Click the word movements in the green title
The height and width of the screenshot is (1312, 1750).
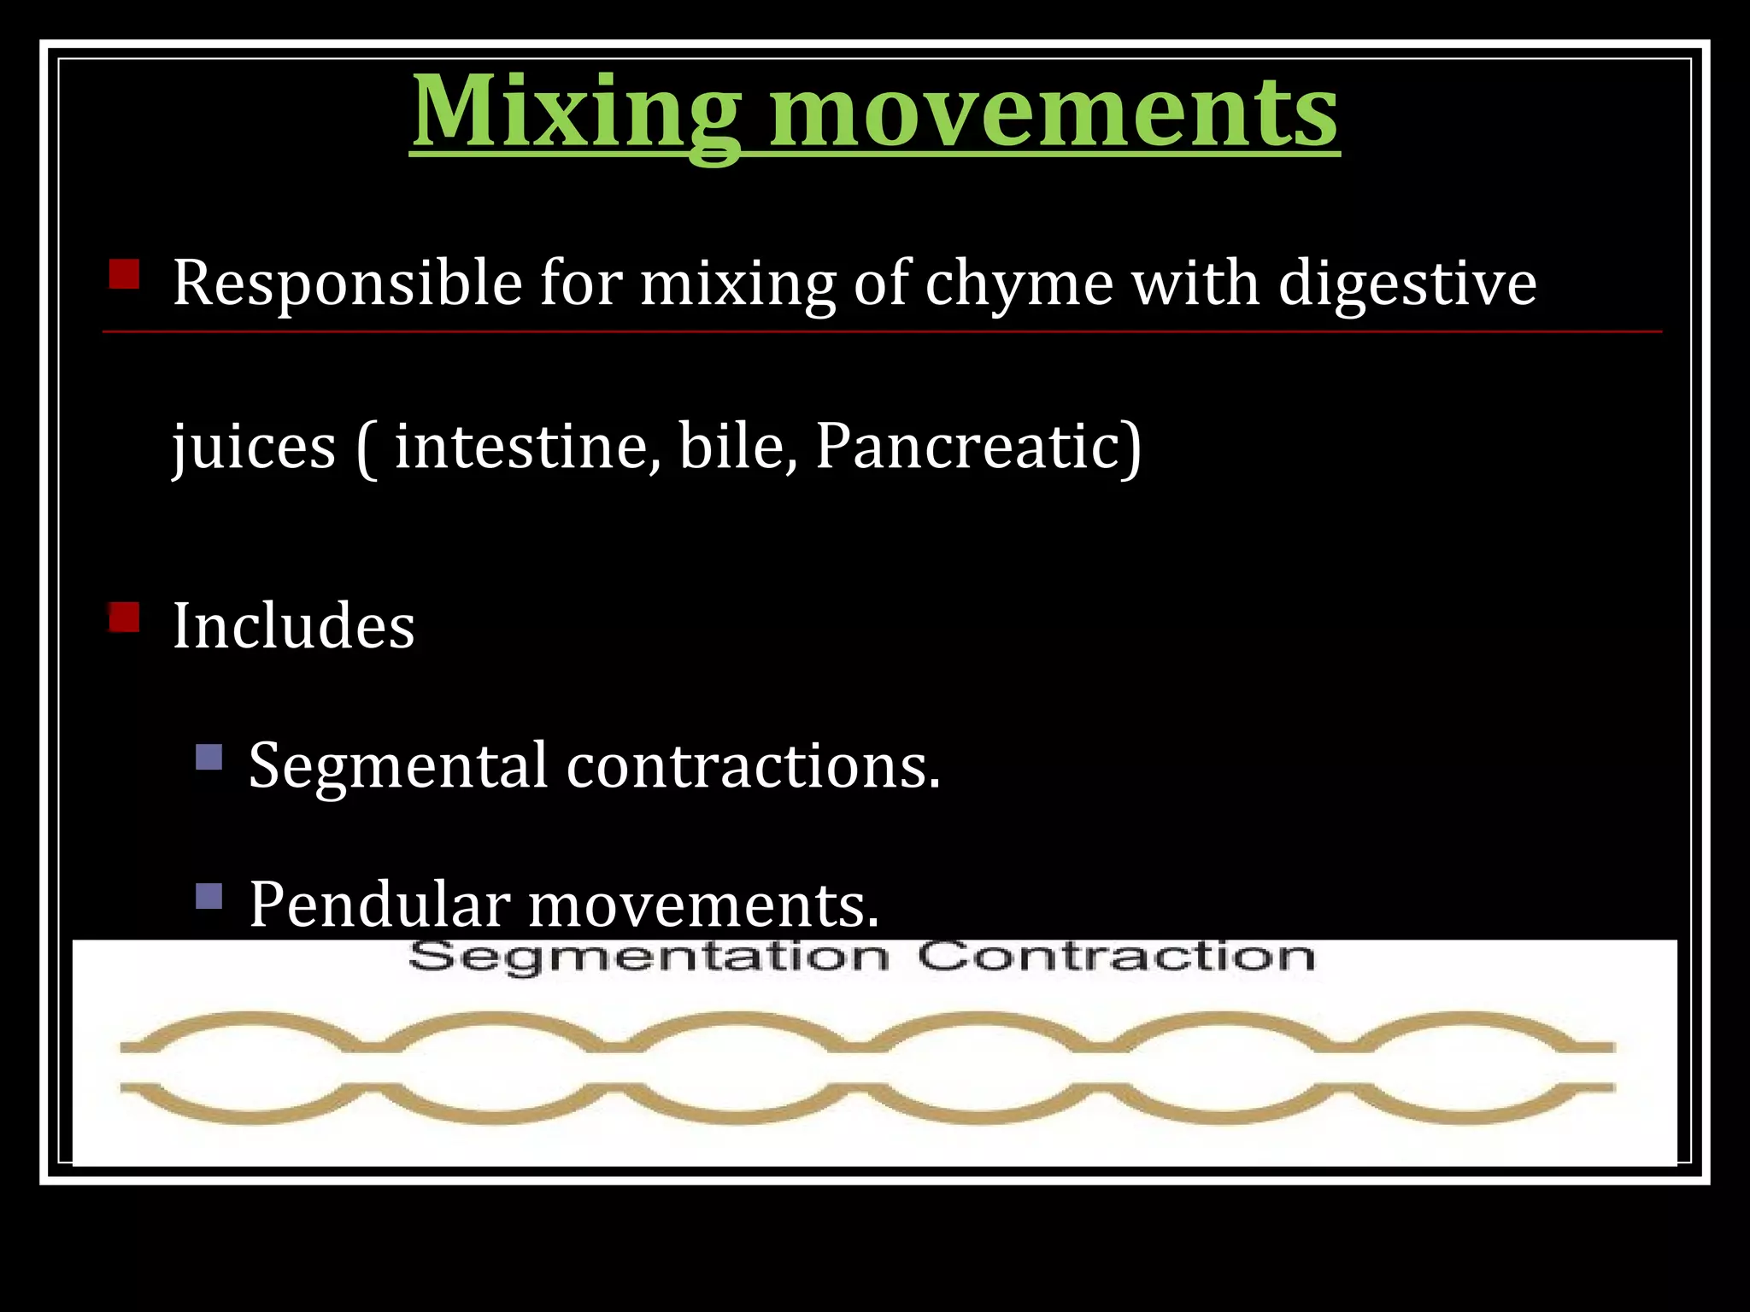pyautogui.click(x=1053, y=114)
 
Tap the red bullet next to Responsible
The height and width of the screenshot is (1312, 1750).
pyautogui.click(x=124, y=275)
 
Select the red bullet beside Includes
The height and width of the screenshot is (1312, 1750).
pyautogui.click(x=124, y=617)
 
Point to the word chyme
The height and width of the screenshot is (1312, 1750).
pyautogui.click(x=1019, y=284)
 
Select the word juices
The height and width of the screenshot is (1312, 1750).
pyautogui.click(x=255, y=448)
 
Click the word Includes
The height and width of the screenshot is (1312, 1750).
pyautogui.click(x=293, y=626)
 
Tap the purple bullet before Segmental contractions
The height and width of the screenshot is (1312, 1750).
pyautogui.click(x=208, y=757)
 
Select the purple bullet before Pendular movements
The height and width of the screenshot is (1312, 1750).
pyautogui.click(x=208, y=895)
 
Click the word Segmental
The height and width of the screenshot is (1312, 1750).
pyautogui.click(x=397, y=765)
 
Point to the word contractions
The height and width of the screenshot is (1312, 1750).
pyautogui.click(x=752, y=765)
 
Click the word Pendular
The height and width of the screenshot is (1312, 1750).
pyautogui.click(x=379, y=904)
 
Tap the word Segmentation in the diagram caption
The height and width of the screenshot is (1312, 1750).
pyautogui.click(x=649, y=957)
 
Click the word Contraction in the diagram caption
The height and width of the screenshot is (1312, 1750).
pyautogui.click(x=1115, y=956)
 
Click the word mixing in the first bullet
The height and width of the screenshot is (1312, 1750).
pyautogui.click(x=737, y=284)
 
